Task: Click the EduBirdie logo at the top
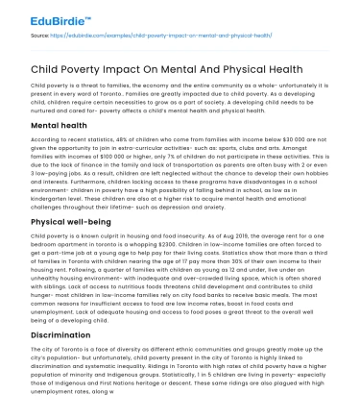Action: [38, 13]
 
